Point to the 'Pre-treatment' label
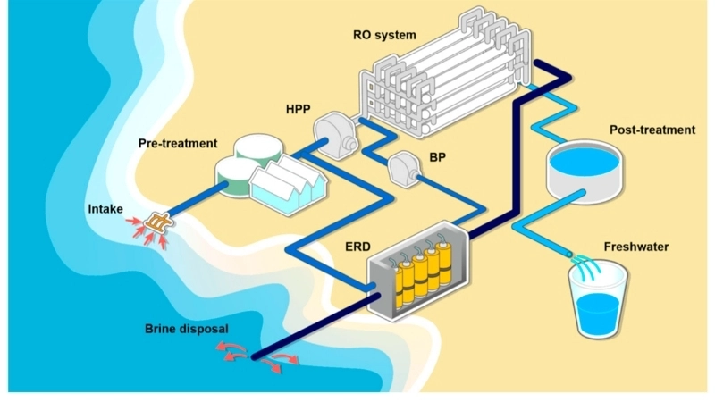[x=178, y=143]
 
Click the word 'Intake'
[x=105, y=210]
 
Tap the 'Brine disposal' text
[x=186, y=329]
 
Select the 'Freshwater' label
[x=635, y=247]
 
